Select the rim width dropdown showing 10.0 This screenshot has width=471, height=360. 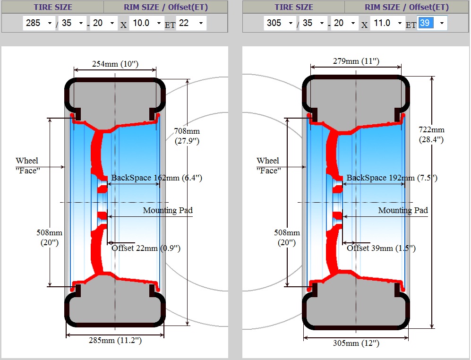146,23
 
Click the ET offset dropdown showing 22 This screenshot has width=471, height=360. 191,23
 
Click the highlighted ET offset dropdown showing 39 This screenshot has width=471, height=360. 432,23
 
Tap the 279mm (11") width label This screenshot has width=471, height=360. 356,61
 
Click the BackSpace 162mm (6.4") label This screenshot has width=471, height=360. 157,178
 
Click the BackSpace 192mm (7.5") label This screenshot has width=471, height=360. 392,178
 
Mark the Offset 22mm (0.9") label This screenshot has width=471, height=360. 146,248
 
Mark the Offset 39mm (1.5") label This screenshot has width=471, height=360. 381,248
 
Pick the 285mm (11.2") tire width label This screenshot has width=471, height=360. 115,340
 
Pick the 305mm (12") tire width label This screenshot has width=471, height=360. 356,343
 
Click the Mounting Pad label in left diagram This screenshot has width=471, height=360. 168,210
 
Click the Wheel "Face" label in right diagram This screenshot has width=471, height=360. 268,165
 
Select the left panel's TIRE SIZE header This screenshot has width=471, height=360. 53,7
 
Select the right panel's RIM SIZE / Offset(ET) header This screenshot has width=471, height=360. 406,7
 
